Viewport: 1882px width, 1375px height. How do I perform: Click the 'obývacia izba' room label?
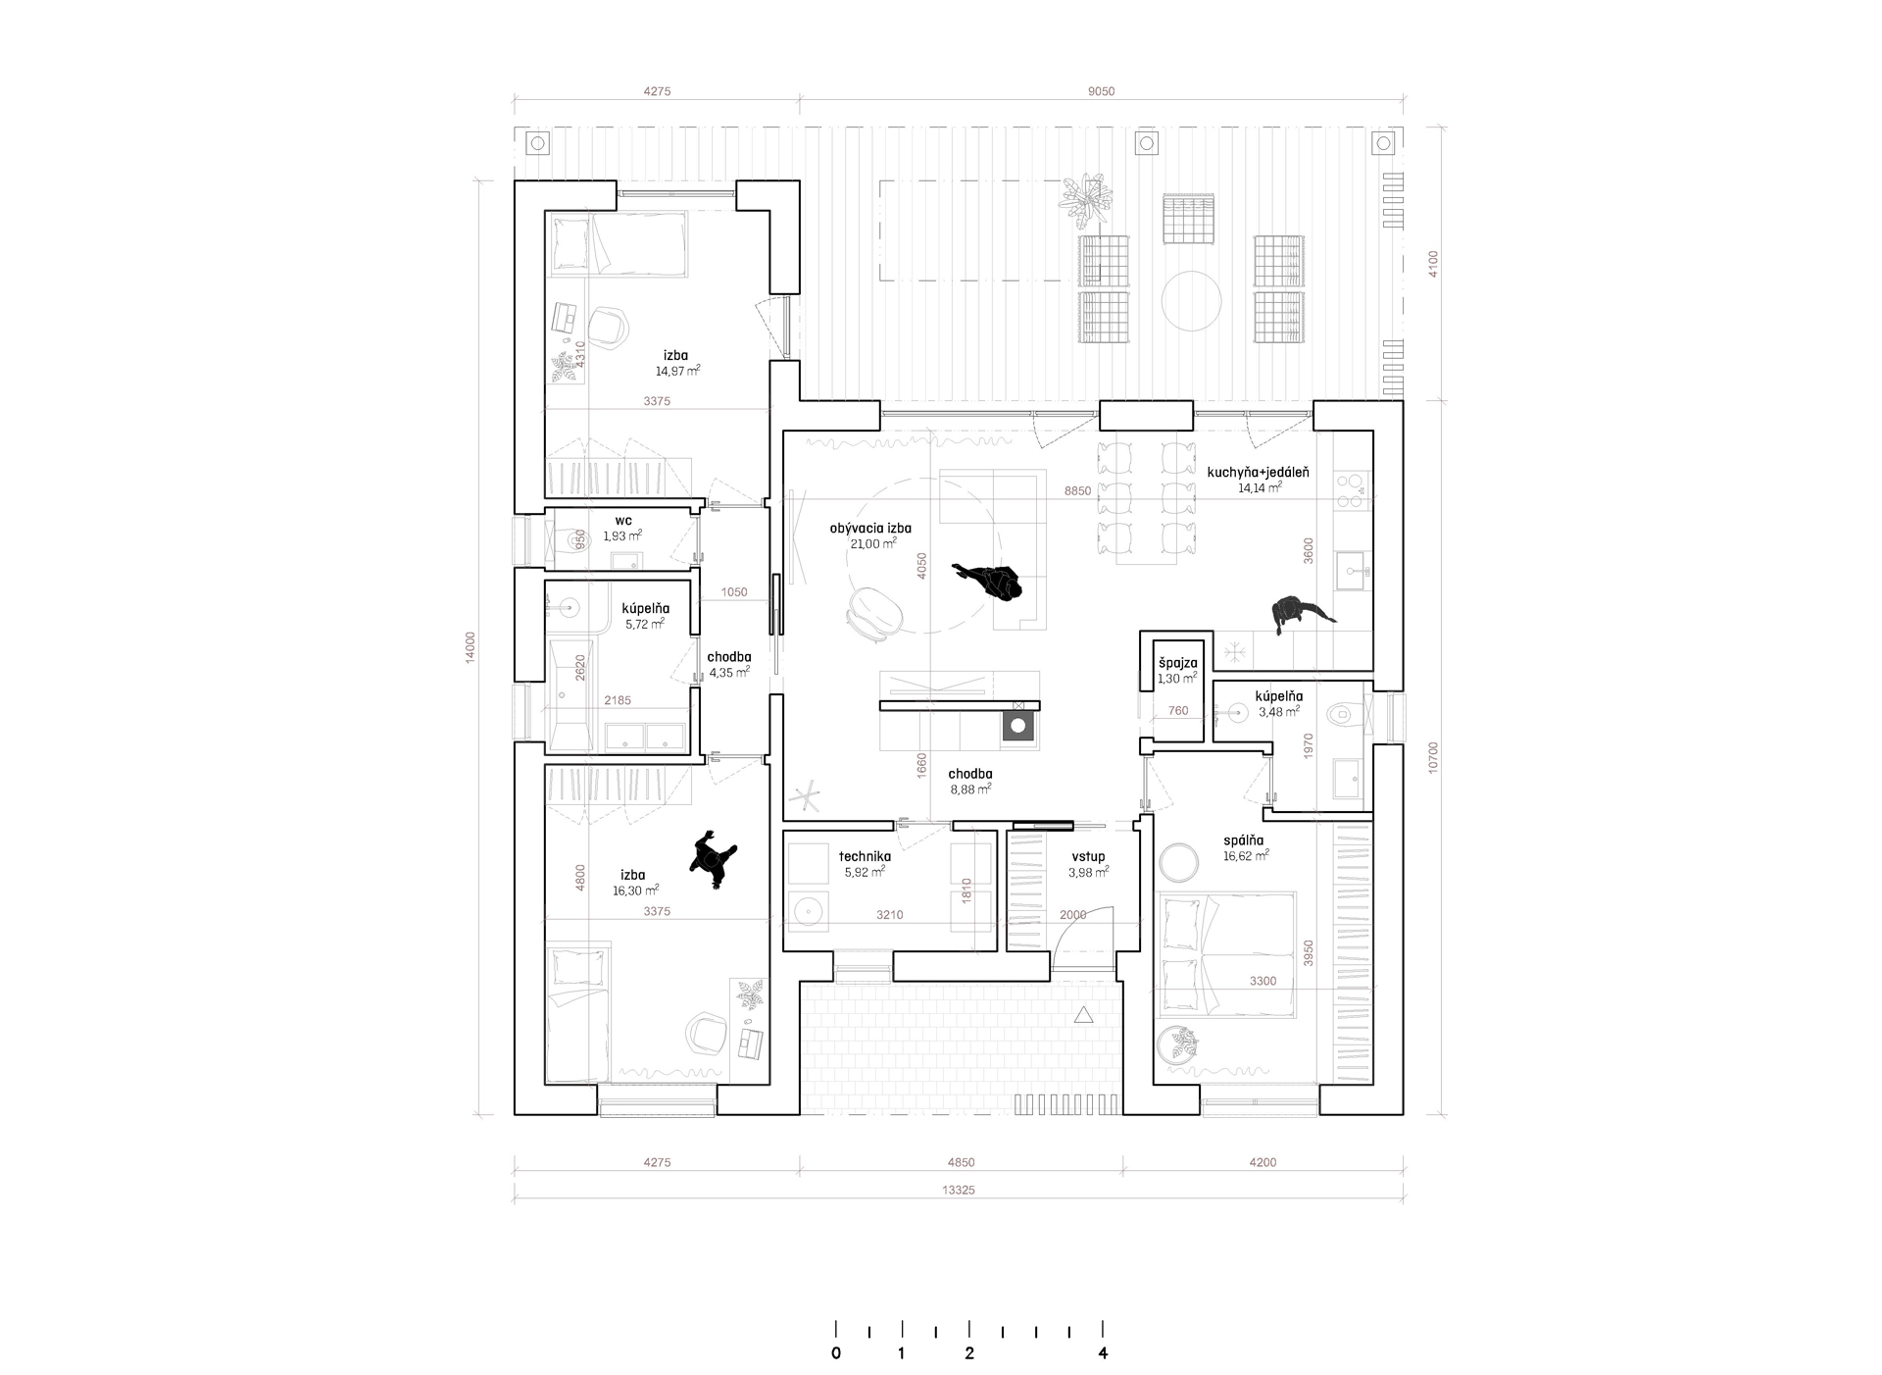pos(870,528)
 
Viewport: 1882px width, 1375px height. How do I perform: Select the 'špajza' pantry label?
pos(1177,663)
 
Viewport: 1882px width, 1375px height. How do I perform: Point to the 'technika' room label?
pos(865,855)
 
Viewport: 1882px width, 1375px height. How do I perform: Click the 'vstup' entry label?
pos(1088,856)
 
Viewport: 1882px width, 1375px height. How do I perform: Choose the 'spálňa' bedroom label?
pos(1243,840)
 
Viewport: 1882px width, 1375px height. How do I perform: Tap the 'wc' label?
pos(623,521)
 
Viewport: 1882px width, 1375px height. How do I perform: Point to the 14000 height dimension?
pos(470,646)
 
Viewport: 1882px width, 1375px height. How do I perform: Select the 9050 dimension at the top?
pos(1101,91)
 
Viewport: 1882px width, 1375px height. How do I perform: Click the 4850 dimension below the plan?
pos(962,1162)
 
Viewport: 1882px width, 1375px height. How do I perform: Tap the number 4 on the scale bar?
pos(1104,1353)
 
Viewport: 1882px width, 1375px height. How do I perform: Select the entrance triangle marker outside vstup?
pos(1083,1015)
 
